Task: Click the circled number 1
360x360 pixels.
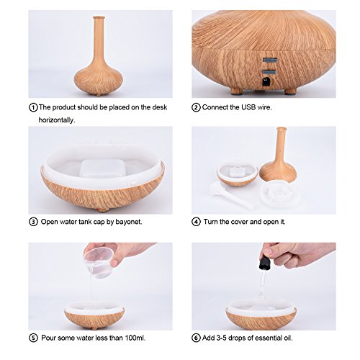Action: pos(33,107)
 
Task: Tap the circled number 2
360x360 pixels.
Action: pos(196,107)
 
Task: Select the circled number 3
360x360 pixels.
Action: pos(33,222)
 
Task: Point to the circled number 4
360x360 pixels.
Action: pos(196,222)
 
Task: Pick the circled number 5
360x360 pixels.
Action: pos(33,338)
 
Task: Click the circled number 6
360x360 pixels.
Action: pos(196,338)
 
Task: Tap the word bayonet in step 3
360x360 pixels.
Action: pos(129,222)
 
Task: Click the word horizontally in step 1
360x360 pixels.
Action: pos(57,120)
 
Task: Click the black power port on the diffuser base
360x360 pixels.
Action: pos(266,81)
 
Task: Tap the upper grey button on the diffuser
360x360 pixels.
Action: pos(269,60)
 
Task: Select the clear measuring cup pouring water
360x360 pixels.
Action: pos(98,262)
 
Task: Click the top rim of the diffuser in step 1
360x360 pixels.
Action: pos(99,17)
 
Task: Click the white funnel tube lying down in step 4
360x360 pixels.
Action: pos(231,195)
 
